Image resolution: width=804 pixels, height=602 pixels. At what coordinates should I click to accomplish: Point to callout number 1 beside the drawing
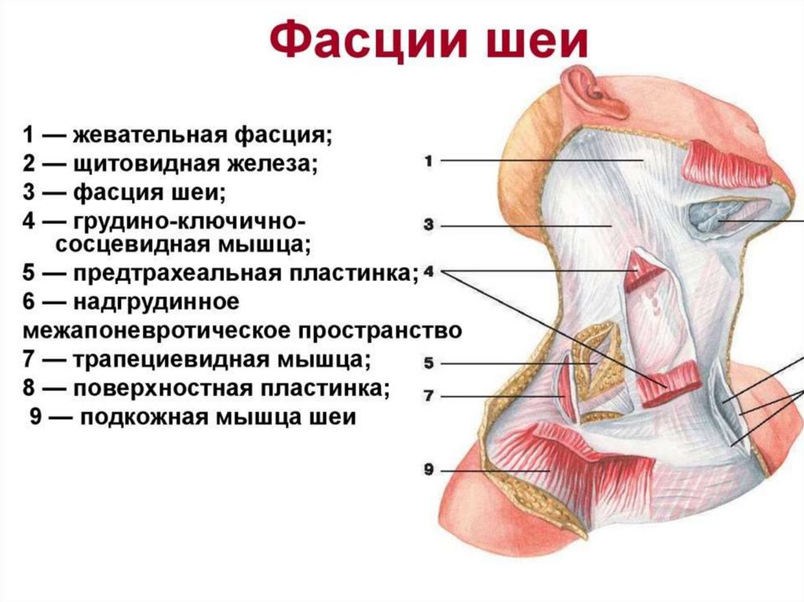point(429,161)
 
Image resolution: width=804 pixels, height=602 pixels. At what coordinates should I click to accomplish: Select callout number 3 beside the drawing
point(429,224)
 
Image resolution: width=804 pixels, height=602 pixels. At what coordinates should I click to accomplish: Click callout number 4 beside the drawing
point(429,272)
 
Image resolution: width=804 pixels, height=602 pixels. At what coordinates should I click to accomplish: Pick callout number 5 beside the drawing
point(429,363)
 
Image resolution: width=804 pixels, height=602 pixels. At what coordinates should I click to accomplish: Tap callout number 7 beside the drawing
point(429,396)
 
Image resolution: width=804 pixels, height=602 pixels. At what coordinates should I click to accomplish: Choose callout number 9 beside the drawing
point(429,470)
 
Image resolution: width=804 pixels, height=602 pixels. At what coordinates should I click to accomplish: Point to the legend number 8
point(28,388)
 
